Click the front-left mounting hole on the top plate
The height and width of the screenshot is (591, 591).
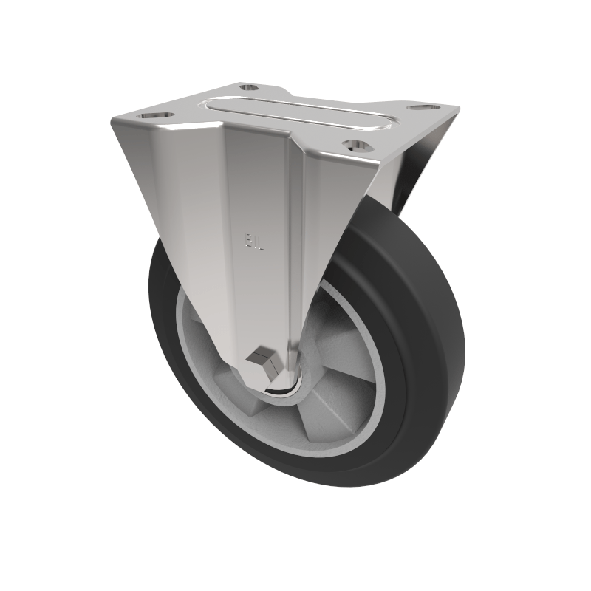[155, 117]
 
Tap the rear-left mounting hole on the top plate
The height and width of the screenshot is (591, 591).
[249, 88]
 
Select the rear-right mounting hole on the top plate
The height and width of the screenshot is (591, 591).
[421, 109]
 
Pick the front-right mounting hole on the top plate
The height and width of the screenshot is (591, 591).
[356, 145]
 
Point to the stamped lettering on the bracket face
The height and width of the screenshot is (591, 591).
[253, 242]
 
